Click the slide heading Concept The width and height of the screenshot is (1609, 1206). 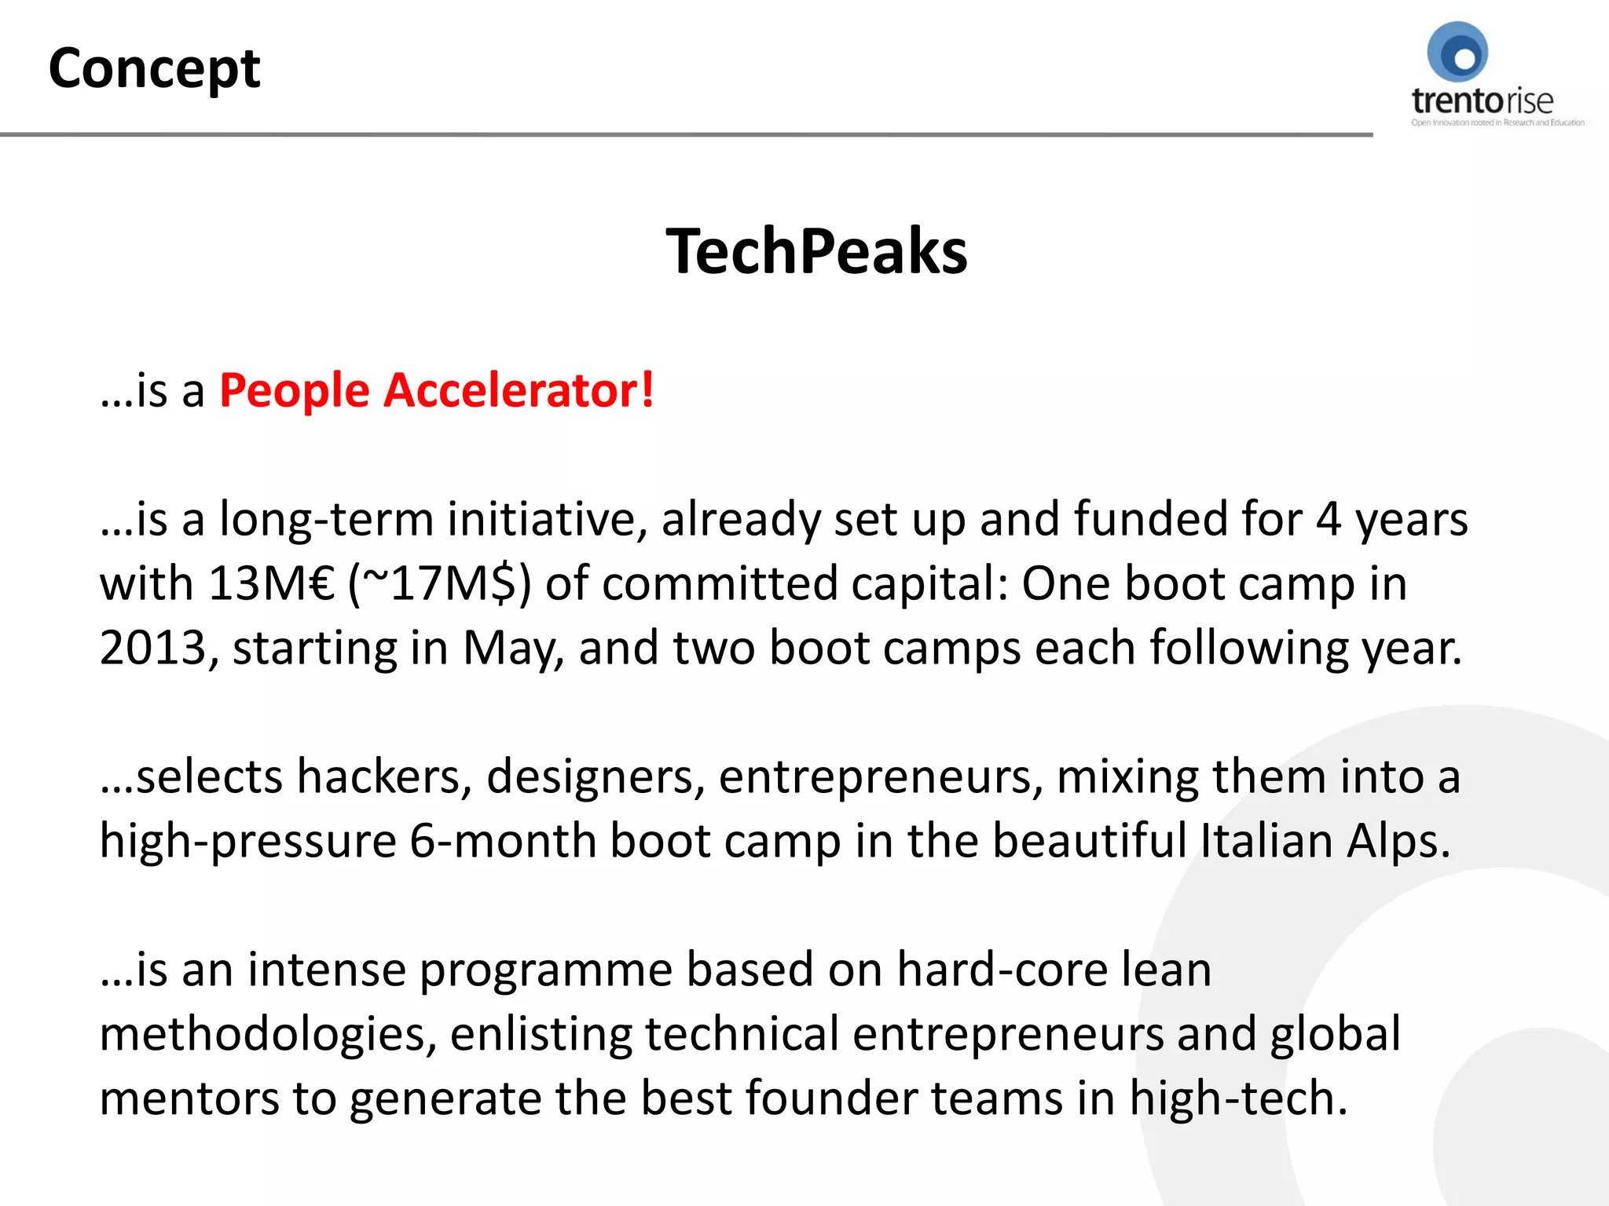[154, 69]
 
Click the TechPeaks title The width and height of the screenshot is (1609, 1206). [816, 251]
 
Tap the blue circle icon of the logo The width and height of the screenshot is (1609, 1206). [1457, 53]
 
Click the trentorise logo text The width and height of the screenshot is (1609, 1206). [1482, 101]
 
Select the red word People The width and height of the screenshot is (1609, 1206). [295, 391]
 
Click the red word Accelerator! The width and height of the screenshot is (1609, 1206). [519, 390]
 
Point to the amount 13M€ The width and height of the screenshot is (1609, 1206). [272, 584]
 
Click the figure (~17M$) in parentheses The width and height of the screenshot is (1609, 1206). [440, 584]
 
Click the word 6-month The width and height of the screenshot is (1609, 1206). [503, 842]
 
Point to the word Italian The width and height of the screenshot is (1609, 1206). [1266, 842]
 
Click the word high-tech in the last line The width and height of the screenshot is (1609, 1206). [1237, 1098]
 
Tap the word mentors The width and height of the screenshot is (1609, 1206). [189, 1098]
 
